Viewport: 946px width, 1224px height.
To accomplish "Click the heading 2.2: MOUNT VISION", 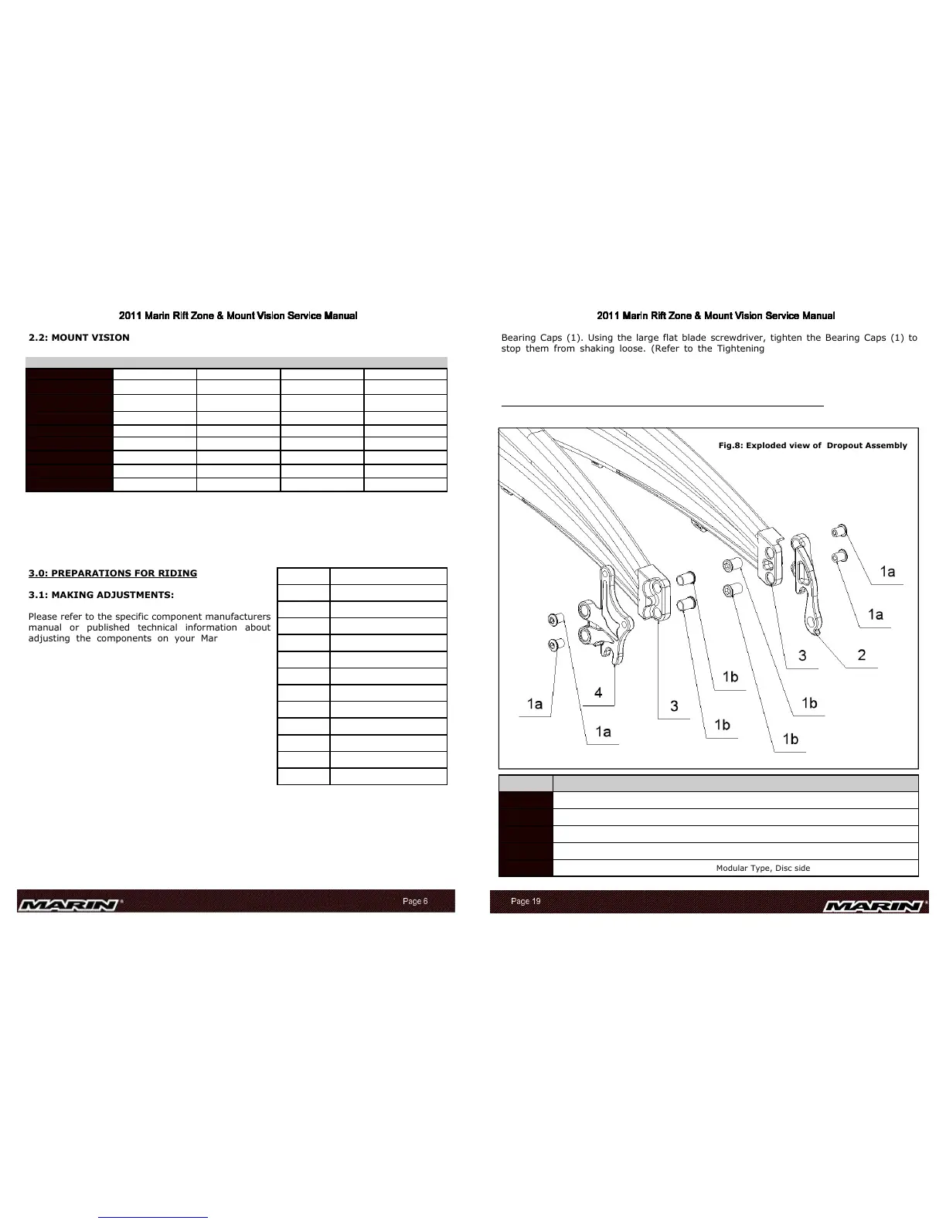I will point(79,338).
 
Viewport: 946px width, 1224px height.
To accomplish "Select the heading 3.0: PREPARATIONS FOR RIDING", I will point(113,573).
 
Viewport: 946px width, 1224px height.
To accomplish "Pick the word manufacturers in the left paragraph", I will point(236,617).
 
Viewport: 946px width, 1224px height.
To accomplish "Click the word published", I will point(108,627).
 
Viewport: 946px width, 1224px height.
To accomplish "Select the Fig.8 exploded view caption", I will point(812,445).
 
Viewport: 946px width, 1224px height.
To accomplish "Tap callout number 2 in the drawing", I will point(862,654).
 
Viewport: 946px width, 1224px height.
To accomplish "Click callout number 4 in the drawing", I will point(598,693).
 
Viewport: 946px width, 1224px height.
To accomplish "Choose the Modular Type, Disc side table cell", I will point(763,868).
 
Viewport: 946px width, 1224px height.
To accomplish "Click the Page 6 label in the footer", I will point(415,901).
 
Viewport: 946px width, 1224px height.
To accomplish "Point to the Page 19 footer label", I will point(526,902).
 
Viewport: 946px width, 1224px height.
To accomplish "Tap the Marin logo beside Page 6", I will point(71,904).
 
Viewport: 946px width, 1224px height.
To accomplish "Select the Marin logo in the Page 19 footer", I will point(876,906).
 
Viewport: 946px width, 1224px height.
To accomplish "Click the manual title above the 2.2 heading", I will point(237,316).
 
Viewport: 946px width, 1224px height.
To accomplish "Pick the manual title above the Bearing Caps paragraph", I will point(716,316).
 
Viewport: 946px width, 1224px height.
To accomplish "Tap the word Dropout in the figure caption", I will point(848,445).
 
